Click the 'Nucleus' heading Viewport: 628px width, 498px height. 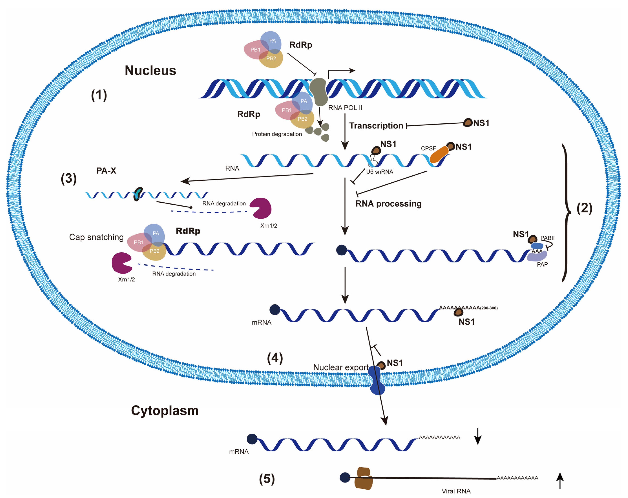150,70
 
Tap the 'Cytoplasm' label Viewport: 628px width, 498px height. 165,410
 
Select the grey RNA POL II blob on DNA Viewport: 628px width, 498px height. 319,92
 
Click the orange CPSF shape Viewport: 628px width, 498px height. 439,154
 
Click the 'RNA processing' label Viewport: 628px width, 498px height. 388,204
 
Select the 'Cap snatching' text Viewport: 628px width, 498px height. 96,237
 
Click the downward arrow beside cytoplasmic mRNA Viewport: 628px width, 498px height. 478,436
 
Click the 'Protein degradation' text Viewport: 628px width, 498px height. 277,134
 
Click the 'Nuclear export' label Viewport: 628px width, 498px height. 341,367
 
